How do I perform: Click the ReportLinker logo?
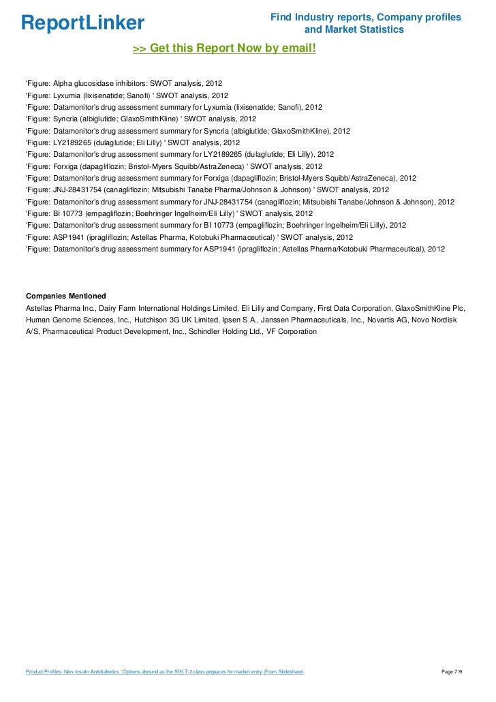[x=83, y=23]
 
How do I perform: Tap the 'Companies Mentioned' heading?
[x=65, y=296]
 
